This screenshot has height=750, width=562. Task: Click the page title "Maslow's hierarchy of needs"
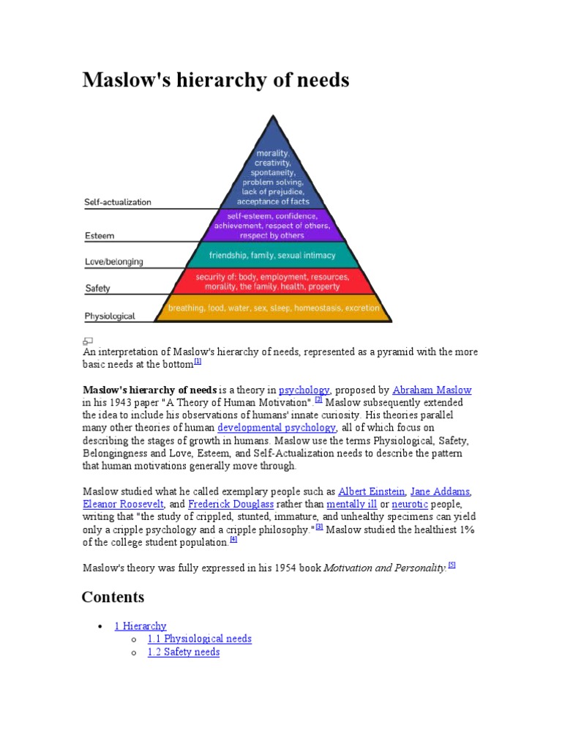pos(216,80)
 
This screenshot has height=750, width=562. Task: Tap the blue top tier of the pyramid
pos(274,176)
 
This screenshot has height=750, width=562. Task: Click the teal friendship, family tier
pos(273,256)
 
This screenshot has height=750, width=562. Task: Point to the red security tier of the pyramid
pos(273,281)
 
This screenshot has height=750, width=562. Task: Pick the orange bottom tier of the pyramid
pos(273,308)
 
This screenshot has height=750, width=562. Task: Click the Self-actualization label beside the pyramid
pos(118,202)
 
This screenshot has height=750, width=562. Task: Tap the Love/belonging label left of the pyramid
pos(113,261)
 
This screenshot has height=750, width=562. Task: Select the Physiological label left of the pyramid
pos(110,316)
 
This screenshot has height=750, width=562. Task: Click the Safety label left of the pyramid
pos(97,289)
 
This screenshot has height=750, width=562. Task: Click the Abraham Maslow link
pos(432,390)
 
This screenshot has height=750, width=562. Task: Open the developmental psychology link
pos(277,428)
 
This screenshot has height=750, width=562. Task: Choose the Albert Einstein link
pos(372,491)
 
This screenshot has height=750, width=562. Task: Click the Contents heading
pos(113,597)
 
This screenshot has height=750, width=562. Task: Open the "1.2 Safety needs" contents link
pos(183,652)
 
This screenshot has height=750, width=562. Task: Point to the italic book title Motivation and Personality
pos(385,568)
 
